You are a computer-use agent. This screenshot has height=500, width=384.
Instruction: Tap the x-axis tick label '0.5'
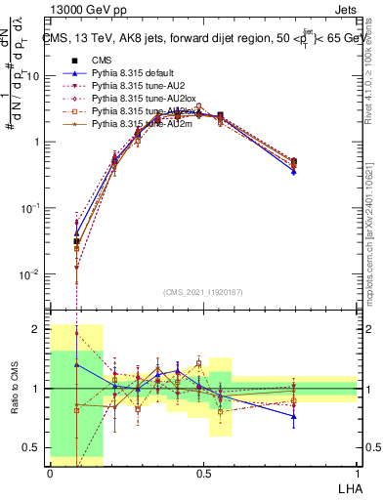[x=203, y=473]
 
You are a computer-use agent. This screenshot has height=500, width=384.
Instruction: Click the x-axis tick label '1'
[x=357, y=473]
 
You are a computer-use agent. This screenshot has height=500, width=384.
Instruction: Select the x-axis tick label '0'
[x=50, y=473]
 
